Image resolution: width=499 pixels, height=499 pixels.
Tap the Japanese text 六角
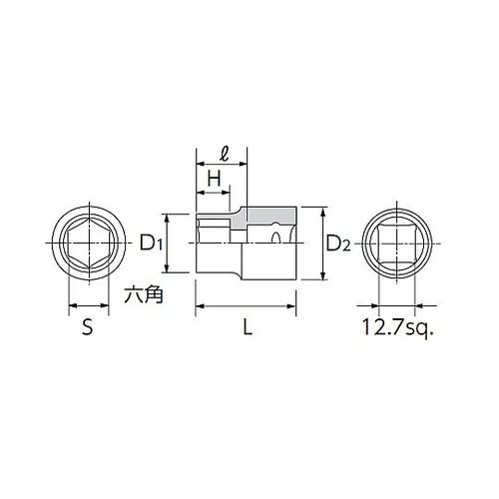pos(143,295)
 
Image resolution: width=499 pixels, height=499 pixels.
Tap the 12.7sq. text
pos(400,327)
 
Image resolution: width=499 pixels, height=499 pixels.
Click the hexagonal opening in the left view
pos(87,243)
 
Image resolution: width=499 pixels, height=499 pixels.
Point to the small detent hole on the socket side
pos(277,238)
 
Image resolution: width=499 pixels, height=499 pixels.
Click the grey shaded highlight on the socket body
pos(267,217)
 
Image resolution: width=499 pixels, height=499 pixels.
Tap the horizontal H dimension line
pos(213,192)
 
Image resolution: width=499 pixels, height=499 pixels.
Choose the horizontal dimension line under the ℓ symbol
pos(221,168)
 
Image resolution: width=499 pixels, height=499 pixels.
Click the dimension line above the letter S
pos(87,306)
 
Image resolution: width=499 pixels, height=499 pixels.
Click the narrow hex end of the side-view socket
pos(218,243)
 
